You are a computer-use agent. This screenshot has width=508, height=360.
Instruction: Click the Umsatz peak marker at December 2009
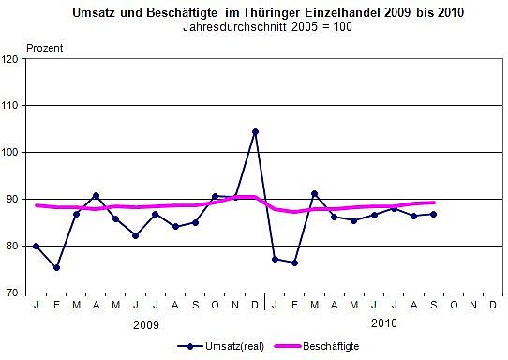coord(255,132)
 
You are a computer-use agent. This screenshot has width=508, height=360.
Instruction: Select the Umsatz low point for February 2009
coord(57,267)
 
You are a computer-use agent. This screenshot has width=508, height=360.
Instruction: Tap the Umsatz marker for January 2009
coord(37,246)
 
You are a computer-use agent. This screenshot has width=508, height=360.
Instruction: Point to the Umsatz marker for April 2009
coord(97,195)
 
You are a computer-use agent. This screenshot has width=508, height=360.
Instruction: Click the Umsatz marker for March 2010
coord(314,193)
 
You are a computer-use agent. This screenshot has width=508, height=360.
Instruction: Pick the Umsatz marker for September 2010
coord(433,214)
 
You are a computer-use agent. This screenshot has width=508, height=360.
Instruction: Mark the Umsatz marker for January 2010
coord(275,259)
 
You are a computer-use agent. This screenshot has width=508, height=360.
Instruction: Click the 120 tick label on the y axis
coord(16,59)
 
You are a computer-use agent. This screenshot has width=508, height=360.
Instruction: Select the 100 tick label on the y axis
coord(16,152)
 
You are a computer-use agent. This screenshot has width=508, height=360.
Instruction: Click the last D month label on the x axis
coord(492,304)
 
